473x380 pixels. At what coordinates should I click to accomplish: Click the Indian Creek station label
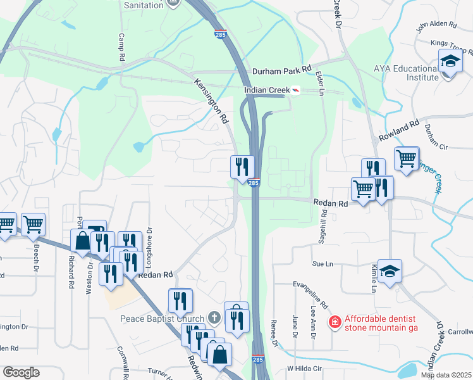click(266, 91)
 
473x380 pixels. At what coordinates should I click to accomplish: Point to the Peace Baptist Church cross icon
click(214, 317)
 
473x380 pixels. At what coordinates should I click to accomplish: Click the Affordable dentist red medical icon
click(335, 322)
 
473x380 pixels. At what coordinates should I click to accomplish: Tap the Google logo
click(21, 372)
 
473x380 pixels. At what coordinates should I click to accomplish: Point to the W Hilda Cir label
click(305, 368)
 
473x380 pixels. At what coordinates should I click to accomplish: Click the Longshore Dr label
click(150, 241)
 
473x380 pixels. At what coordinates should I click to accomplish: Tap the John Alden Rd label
click(436, 25)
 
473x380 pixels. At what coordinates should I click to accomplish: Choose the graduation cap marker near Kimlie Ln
click(390, 271)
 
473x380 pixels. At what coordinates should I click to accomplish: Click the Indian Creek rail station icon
click(295, 91)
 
